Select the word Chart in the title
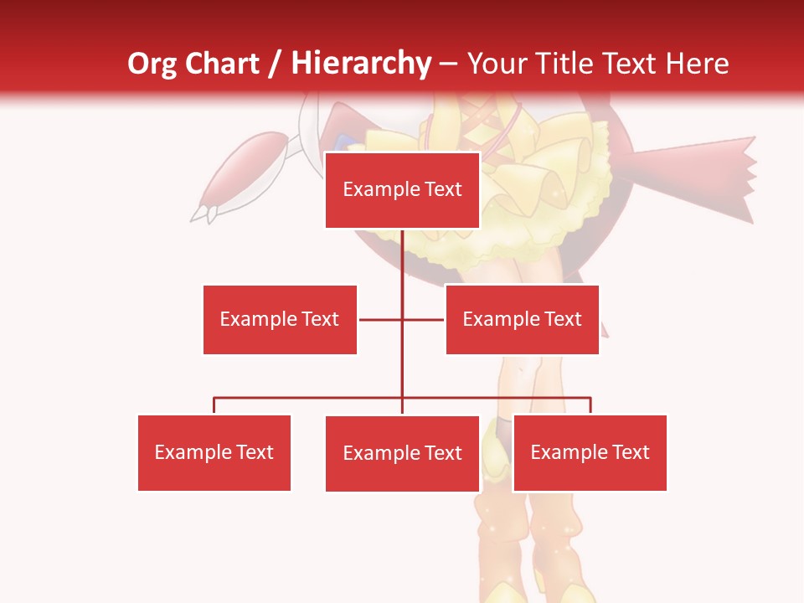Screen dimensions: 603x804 point(222,64)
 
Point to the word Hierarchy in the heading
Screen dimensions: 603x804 point(360,64)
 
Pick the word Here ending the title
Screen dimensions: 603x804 point(697,64)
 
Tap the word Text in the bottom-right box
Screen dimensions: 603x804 point(631,452)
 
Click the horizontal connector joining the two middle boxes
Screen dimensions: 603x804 point(381,319)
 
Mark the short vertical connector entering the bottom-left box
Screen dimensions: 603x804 point(214,405)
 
